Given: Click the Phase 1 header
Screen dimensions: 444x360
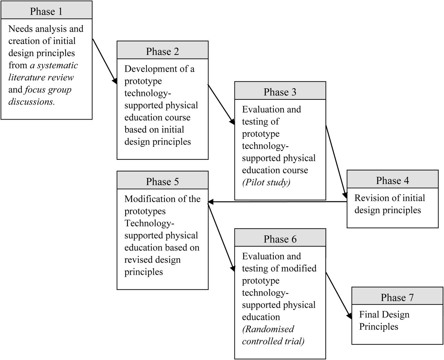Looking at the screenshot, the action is (46, 11).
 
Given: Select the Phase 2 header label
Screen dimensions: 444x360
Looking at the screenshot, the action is (162, 51).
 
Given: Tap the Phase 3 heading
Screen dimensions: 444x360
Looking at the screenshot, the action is (280, 92).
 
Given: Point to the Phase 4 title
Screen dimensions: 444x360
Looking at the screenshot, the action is (392, 180).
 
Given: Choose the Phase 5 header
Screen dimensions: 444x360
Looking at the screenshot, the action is (162, 181).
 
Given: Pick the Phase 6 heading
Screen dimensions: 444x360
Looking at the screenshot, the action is (280, 239).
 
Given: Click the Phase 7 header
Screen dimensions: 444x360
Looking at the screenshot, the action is (397, 297).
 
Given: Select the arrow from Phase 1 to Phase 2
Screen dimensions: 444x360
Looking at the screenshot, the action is (105, 61).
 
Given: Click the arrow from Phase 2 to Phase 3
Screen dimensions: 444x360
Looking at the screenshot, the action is (221, 105).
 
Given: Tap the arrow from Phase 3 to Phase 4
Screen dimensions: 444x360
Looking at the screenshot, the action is (336, 162).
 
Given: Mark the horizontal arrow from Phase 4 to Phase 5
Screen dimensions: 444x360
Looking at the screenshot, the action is (277, 202).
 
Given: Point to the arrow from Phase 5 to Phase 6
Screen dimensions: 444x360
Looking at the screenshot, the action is (222, 238).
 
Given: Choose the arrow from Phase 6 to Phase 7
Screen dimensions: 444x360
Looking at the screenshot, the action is (339, 295).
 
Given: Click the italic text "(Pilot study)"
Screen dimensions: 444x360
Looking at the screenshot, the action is (266, 182).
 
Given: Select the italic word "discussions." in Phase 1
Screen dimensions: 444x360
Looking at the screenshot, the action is (32, 102).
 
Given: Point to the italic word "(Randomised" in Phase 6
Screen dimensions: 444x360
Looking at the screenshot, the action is (268, 329).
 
